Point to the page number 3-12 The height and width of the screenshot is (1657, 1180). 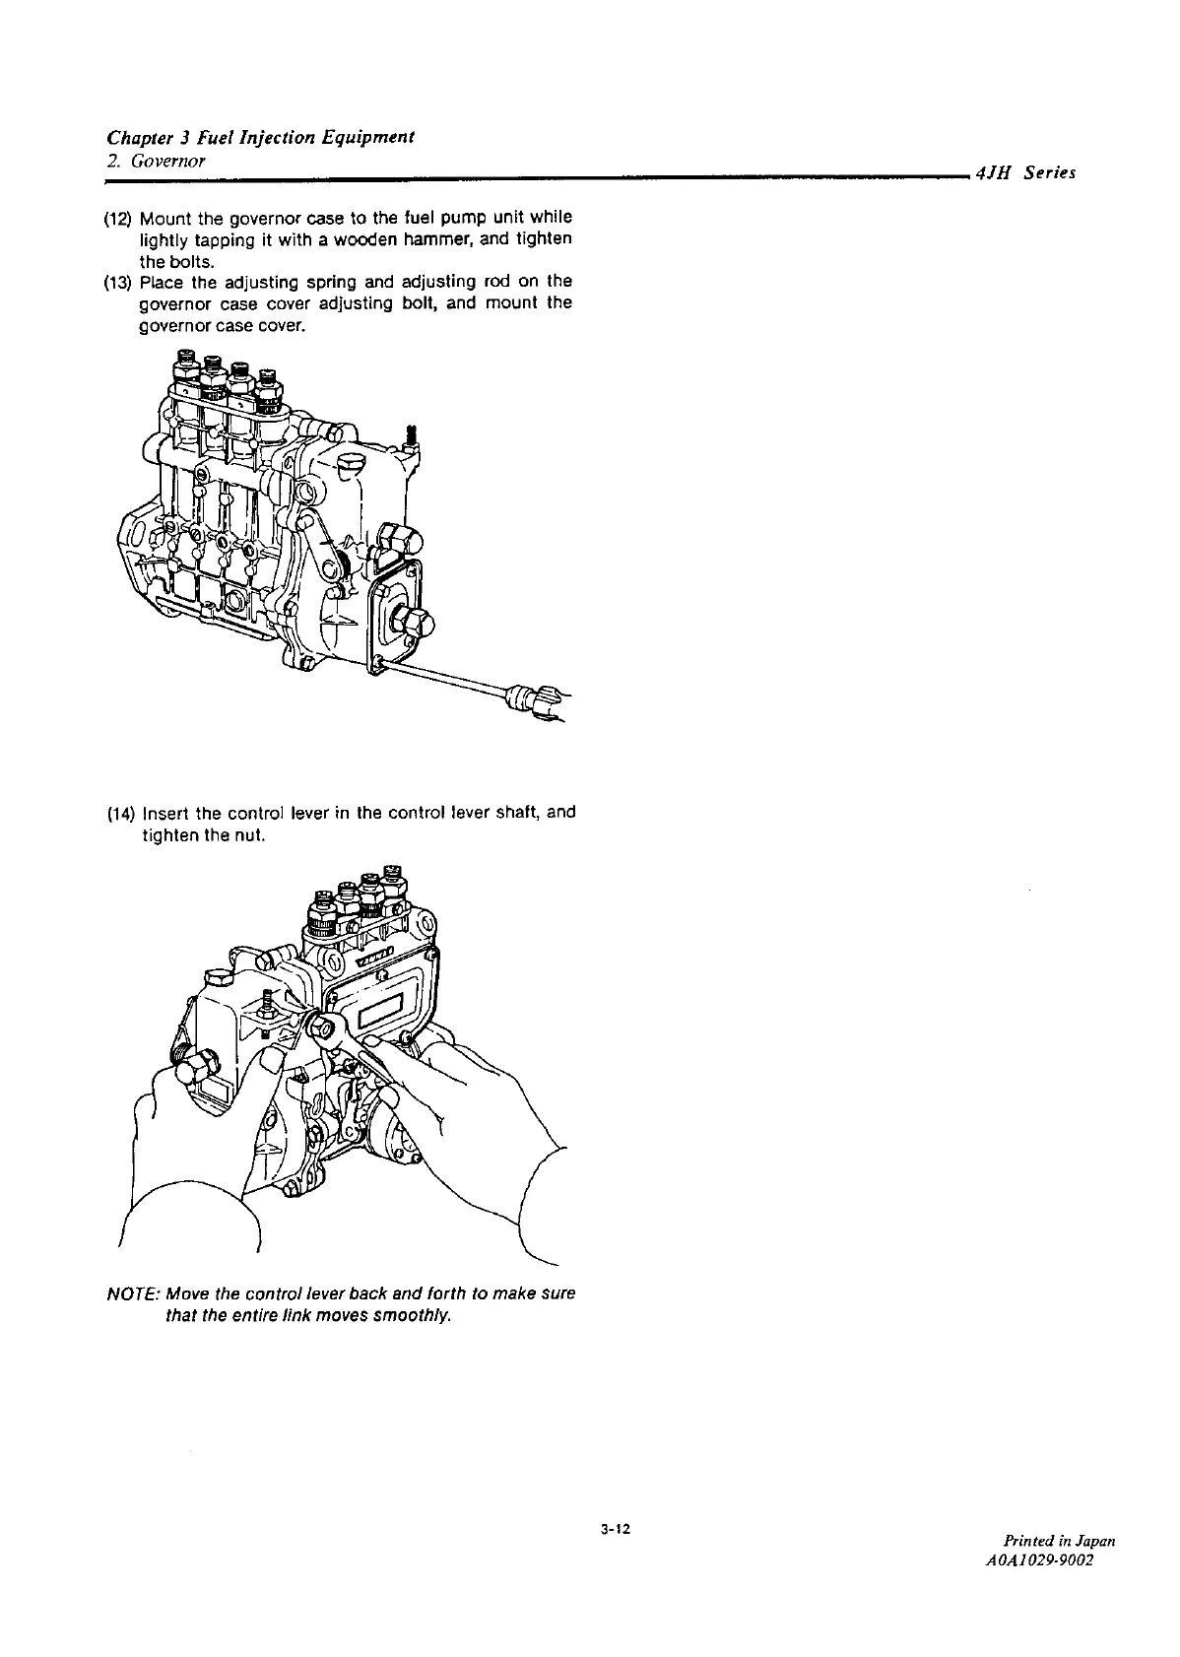click(x=614, y=1530)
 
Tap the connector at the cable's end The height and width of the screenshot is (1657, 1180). click(x=532, y=701)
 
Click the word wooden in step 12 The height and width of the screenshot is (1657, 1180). click(x=315, y=239)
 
